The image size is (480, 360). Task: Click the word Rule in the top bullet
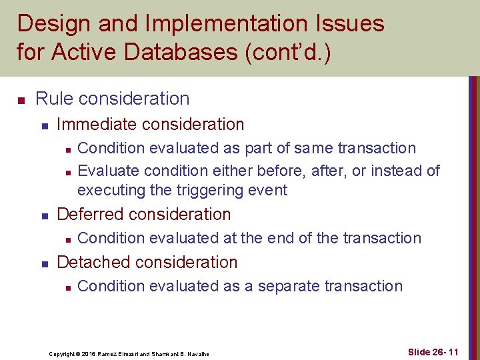[54, 99]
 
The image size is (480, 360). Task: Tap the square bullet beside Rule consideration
[21, 99]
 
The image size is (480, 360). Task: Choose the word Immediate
[99, 124]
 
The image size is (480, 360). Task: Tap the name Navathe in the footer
[197, 353]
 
